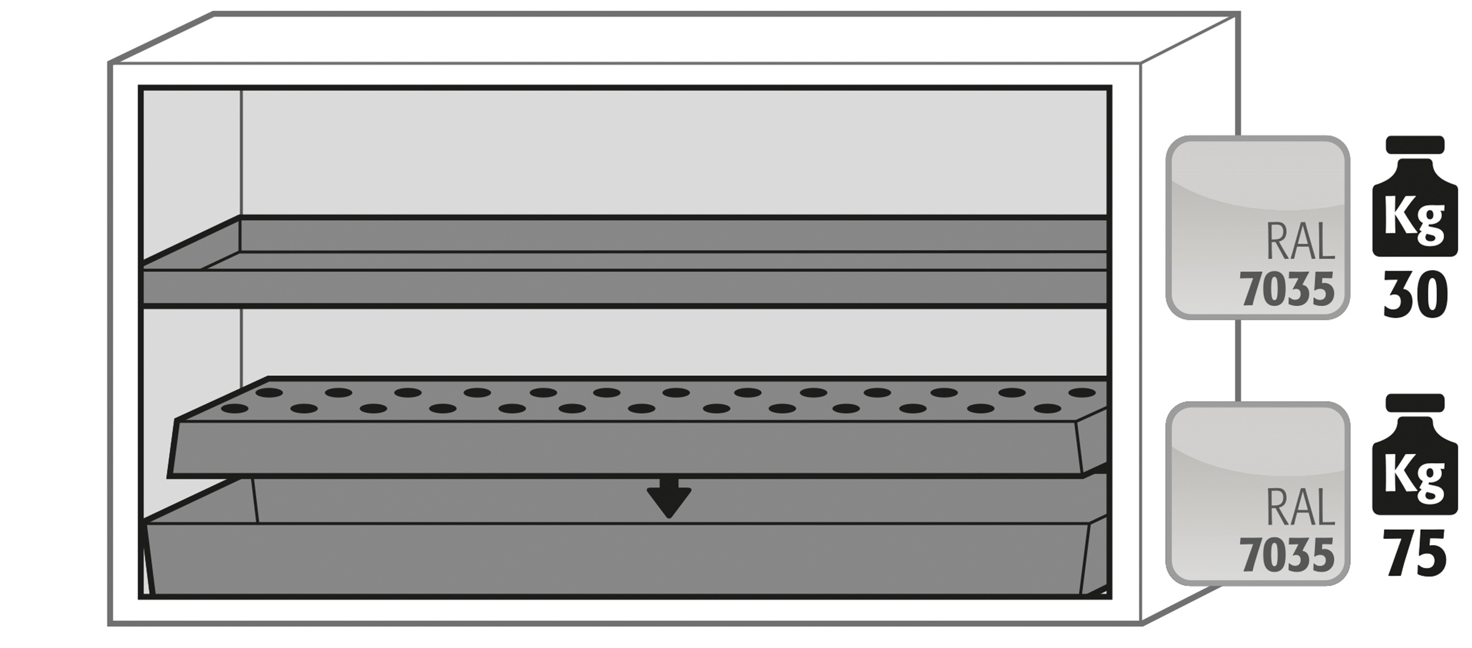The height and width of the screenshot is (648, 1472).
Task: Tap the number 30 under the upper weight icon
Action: point(1415,295)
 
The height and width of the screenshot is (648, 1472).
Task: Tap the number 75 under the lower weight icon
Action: point(1415,553)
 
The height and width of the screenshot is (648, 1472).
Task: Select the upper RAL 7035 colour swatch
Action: point(1258,227)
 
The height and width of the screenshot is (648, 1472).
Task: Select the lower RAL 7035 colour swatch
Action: point(1258,493)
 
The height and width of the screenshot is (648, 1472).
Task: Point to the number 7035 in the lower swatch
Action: point(1286,555)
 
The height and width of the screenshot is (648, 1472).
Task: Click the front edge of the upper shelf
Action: point(623,287)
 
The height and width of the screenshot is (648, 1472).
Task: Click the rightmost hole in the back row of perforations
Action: point(1082,393)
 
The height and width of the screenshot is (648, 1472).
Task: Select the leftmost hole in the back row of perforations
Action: point(269,393)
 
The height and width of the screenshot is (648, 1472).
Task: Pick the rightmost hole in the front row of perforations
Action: point(1048,408)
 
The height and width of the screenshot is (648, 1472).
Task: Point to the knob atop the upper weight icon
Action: point(1415,145)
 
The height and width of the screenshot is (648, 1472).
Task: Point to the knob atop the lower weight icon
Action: point(1415,402)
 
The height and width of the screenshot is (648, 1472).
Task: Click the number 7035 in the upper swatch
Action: point(1286,289)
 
